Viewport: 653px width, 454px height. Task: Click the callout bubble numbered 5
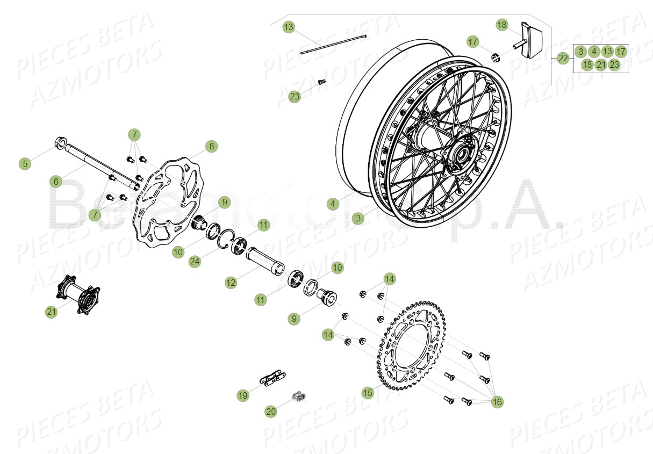[25, 163]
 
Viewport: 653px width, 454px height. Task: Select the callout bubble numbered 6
[56, 182]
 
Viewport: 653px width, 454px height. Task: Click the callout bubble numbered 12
[231, 282]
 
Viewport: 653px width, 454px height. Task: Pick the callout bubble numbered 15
[368, 393]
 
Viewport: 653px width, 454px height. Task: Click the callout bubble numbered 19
[243, 395]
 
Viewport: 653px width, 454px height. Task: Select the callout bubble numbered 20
[271, 411]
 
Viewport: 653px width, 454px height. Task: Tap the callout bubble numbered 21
[51, 312]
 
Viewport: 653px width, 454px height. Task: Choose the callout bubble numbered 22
[563, 59]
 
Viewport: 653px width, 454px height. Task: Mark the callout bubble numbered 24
[196, 261]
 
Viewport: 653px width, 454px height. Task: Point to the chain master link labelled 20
[299, 398]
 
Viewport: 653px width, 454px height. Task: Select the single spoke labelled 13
[333, 44]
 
